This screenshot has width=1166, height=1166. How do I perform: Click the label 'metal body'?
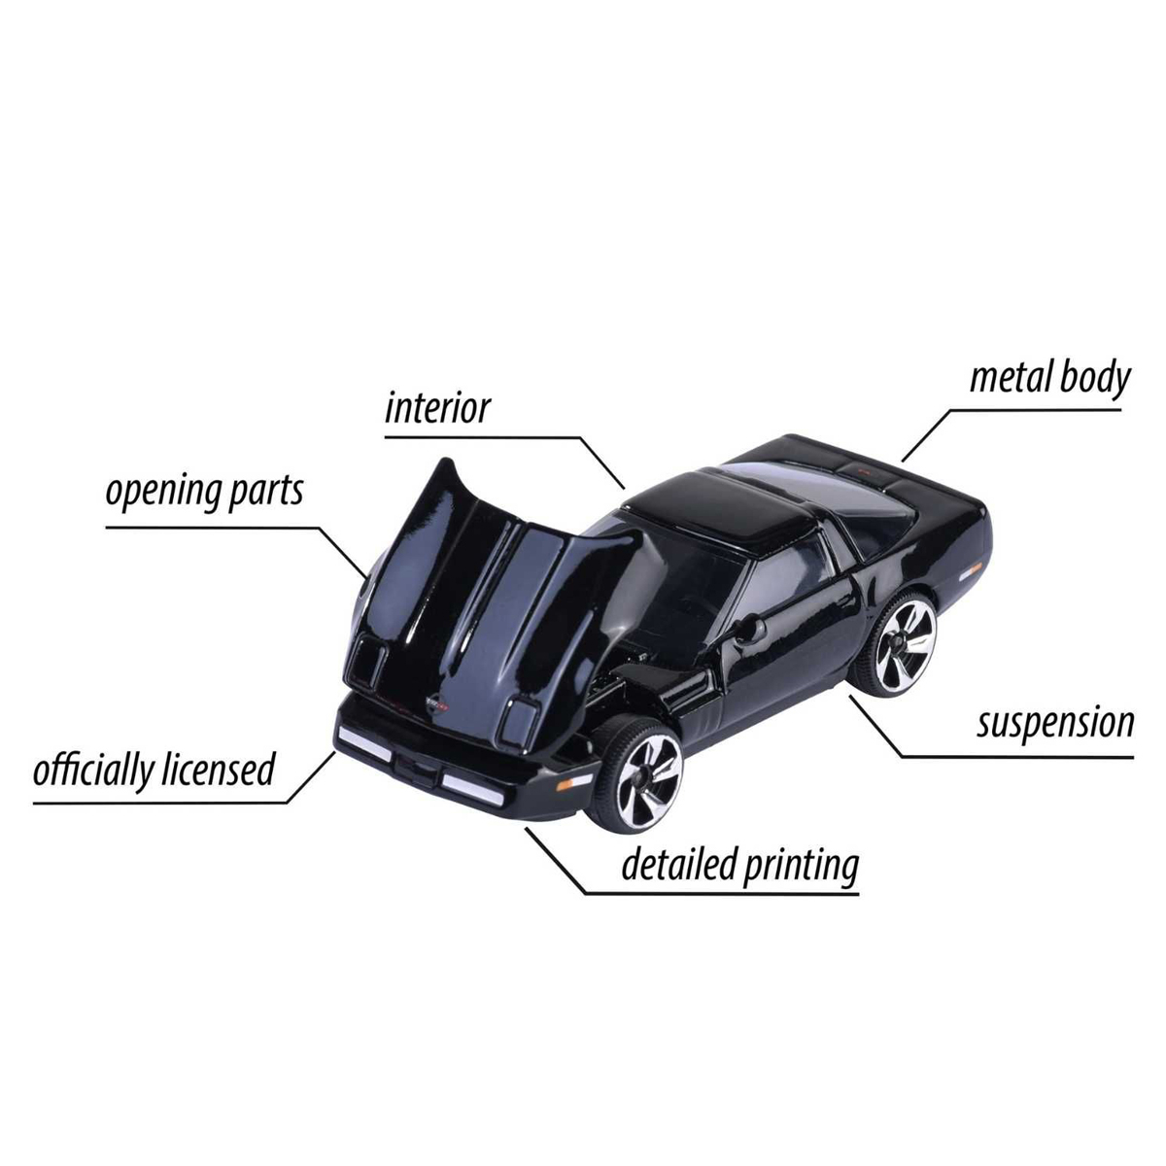coord(1049,379)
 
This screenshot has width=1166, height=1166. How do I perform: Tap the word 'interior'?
coord(437,408)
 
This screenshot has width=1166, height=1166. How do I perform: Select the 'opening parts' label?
coord(204,493)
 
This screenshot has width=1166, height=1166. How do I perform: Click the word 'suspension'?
coord(1055,724)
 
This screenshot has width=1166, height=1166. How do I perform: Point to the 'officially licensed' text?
coord(154,770)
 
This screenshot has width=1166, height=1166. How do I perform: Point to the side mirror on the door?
coord(751,629)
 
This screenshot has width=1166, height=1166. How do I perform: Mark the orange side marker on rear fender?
coord(971,570)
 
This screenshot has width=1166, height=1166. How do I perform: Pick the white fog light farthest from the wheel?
coord(365,743)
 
